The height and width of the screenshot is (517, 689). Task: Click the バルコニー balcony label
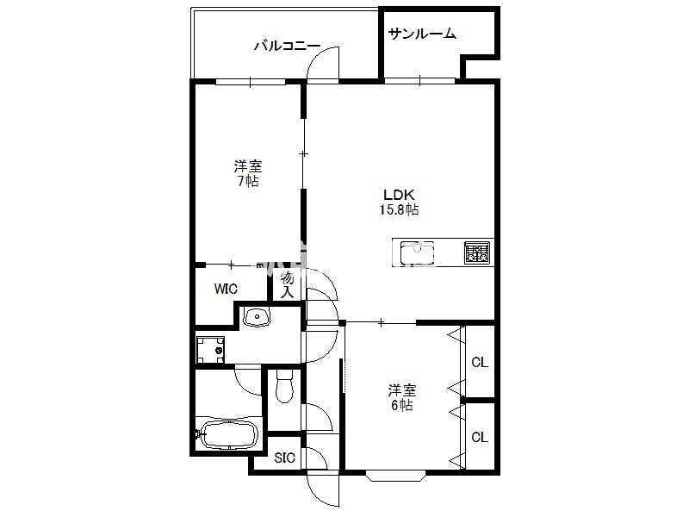(x=288, y=46)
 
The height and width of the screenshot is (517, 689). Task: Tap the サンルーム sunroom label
(x=422, y=34)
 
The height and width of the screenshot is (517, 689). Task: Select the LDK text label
(x=399, y=195)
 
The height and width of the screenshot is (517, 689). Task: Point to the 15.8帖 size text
(x=399, y=209)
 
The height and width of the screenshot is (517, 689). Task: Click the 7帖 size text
(x=248, y=181)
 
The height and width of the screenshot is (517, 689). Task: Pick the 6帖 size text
(x=402, y=405)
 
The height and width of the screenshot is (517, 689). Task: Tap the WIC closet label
(x=226, y=289)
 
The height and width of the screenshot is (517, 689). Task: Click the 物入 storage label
(x=287, y=285)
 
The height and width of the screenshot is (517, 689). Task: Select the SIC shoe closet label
(x=285, y=458)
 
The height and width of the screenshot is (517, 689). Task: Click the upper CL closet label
(x=480, y=362)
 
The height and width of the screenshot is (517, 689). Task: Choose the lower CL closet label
(x=480, y=437)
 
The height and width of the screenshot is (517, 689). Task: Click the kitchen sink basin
(x=417, y=252)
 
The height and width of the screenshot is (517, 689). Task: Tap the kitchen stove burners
(x=477, y=252)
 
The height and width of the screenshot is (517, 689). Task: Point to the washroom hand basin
(x=257, y=317)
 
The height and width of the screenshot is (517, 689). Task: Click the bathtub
(x=228, y=435)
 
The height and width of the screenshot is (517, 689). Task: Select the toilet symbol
(x=285, y=386)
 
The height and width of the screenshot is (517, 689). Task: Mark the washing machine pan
(x=210, y=350)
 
